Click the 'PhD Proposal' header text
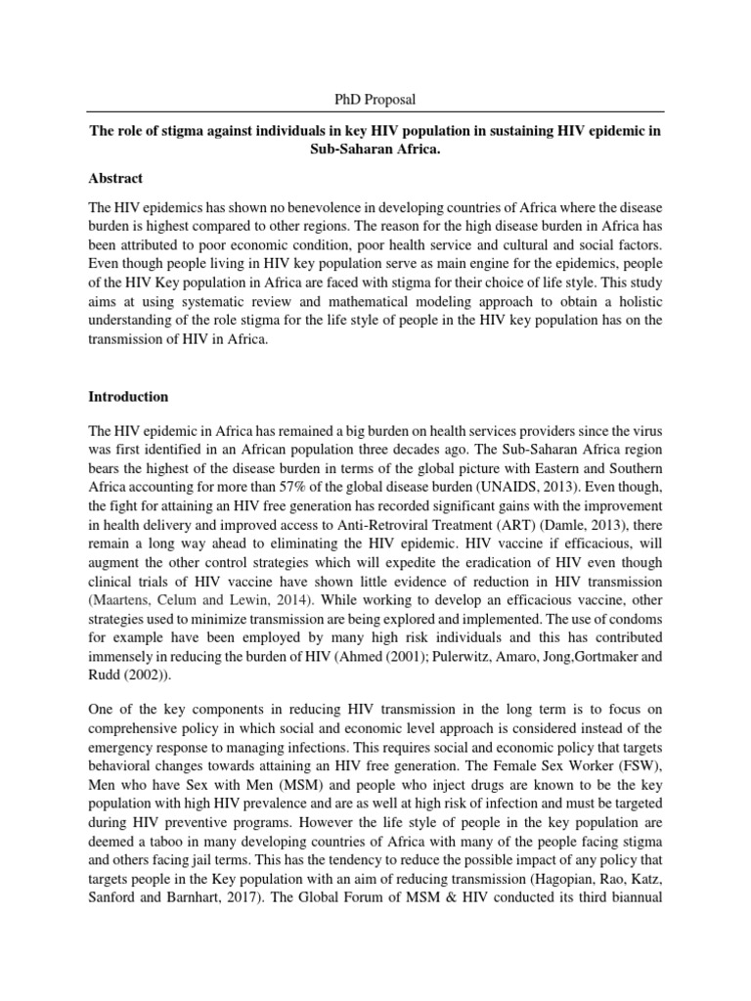(x=375, y=101)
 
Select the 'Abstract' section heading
(x=115, y=178)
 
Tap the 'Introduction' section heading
(x=128, y=397)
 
